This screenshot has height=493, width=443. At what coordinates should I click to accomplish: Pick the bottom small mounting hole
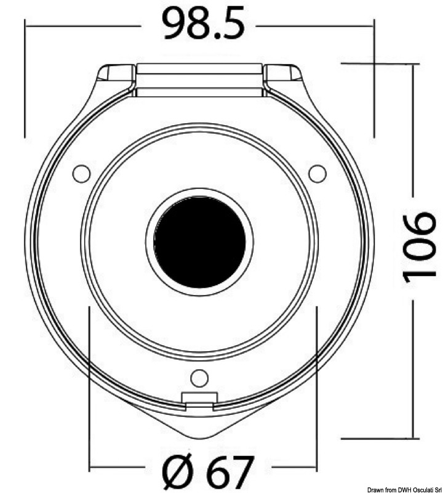199,375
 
